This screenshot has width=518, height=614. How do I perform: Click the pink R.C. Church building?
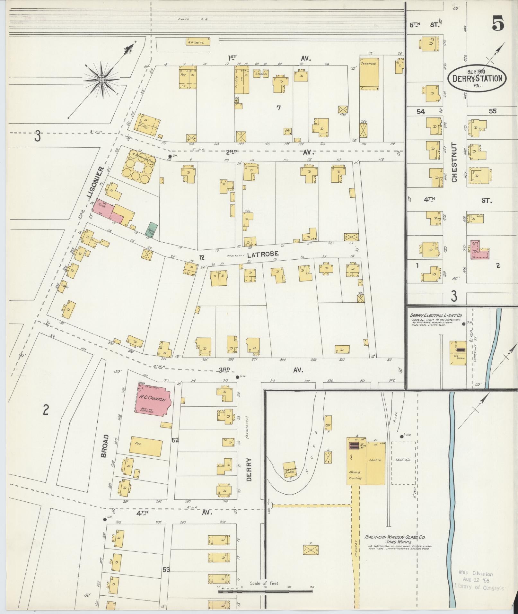152,400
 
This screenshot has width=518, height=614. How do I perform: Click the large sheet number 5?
497,24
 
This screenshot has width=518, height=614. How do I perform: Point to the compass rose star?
101,79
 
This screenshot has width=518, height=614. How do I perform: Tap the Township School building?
290,471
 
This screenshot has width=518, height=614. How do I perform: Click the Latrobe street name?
262,254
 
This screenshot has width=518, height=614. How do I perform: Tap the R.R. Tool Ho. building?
198,42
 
